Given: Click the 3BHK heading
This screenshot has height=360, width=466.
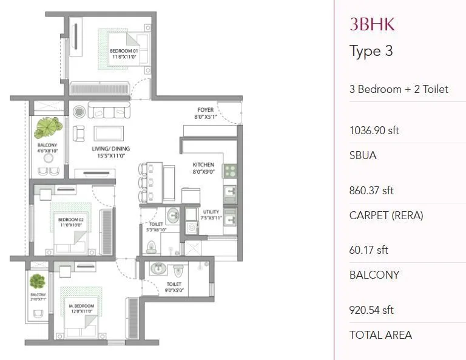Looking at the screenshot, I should pos(372,24).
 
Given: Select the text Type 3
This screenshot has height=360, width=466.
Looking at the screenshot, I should pos(371,51).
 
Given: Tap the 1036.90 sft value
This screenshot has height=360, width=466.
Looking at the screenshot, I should pos(374,130).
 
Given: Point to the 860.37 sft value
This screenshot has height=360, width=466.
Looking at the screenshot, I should pos(371,190).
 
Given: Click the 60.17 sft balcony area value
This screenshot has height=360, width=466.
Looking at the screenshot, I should pos(368,250).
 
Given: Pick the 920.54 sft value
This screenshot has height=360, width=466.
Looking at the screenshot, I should pos(371,310).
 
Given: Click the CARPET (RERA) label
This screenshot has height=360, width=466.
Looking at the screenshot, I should pos(386,215).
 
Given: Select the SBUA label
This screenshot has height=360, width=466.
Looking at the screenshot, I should pos(363,155).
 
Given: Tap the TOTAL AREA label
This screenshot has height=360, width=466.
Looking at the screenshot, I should pos(380,335).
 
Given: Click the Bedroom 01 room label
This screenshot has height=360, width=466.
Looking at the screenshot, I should pos(124,51).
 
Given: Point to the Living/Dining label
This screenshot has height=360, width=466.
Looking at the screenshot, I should pos(112,149).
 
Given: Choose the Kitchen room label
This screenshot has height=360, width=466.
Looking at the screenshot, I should pos(203,165).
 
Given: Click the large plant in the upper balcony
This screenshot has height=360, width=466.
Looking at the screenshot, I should pos(47,128).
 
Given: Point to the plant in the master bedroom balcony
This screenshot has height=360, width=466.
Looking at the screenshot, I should pos(38,281).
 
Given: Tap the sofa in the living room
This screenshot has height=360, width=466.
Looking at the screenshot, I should pos(109,110).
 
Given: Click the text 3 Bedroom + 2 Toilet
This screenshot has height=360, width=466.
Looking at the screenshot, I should pos(399,89).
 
